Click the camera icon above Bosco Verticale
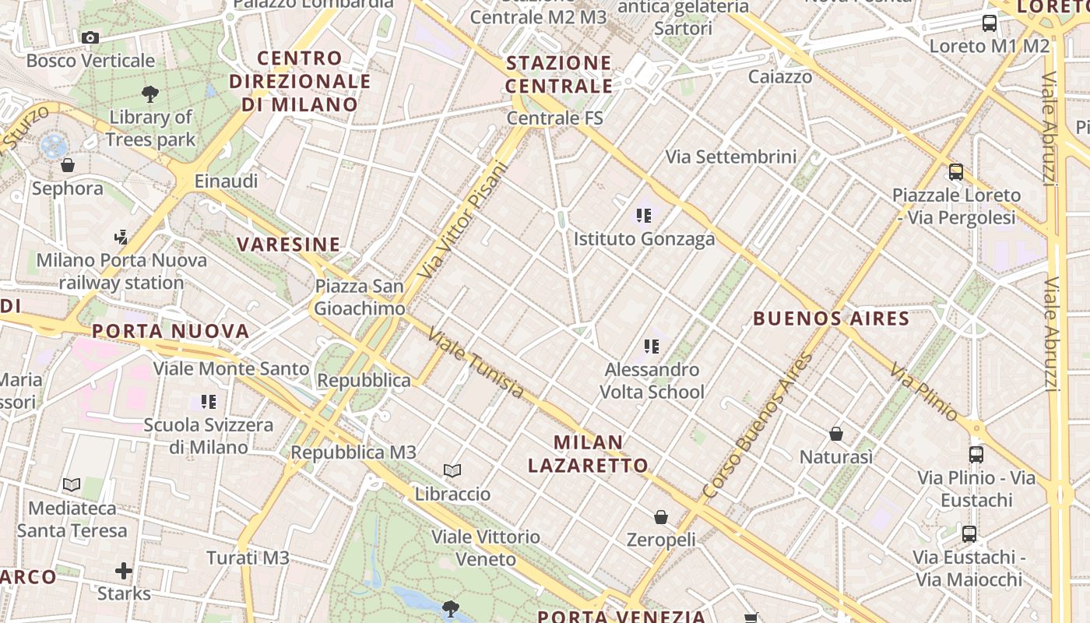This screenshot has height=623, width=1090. click(x=90, y=37)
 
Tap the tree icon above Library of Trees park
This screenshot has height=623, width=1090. click(x=150, y=94)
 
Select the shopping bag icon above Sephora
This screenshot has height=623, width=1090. click(x=68, y=165)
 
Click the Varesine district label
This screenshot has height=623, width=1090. click(x=289, y=245)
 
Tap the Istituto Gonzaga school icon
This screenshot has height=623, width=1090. click(x=643, y=216)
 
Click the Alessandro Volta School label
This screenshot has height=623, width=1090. click(x=652, y=381)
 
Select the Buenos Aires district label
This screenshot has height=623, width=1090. click(x=832, y=319)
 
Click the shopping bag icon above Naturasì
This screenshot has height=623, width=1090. click(x=836, y=434)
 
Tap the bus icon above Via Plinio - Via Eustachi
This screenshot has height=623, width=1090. click(x=976, y=454)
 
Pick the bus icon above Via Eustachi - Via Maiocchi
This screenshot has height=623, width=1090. click(x=969, y=534)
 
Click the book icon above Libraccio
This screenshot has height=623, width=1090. click(x=452, y=470)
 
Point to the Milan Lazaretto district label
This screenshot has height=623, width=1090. click(x=589, y=454)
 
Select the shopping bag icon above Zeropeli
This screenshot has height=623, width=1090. click(x=661, y=516)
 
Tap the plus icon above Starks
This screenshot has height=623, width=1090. click(x=124, y=571)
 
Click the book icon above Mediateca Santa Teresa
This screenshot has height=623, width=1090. click(x=72, y=484)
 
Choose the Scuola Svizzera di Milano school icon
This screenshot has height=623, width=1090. click(x=208, y=402)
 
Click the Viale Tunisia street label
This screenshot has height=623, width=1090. click(x=476, y=364)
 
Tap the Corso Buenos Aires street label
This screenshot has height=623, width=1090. click(x=758, y=425)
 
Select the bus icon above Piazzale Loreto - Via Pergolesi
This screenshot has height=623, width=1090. click(x=956, y=172)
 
